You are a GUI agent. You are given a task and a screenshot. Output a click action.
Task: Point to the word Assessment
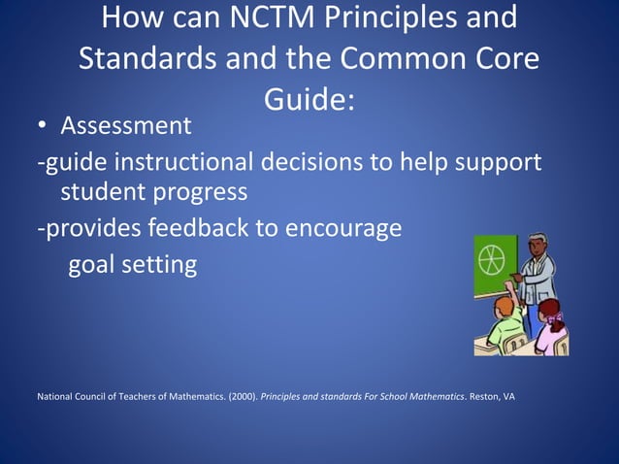126,126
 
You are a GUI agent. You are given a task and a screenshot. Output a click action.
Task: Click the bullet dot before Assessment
43,127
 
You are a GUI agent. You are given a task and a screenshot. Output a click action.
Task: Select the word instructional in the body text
186,161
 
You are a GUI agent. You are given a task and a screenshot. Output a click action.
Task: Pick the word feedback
185,229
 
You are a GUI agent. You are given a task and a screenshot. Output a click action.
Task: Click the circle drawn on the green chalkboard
493,261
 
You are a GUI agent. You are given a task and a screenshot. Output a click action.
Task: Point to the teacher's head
536,245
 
